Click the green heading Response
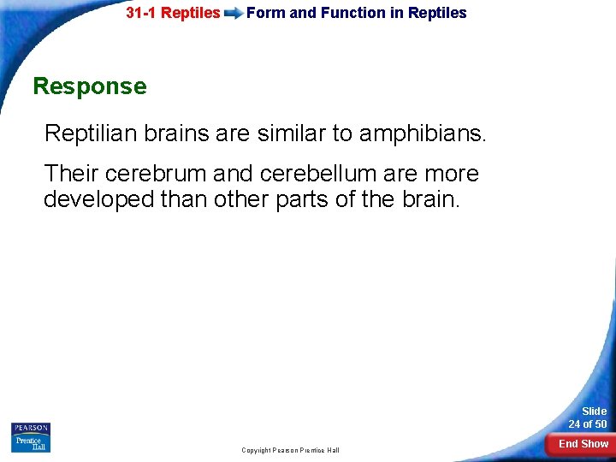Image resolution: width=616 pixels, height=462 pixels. click(89, 86)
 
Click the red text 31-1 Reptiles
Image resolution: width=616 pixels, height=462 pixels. click(173, 13)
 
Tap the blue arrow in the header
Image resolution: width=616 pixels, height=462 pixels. click(233, 14)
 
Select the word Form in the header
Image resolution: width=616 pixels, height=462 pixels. click(263, 13)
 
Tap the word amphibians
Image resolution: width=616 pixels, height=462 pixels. click(419, 133)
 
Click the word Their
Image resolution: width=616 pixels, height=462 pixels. click(68, 174)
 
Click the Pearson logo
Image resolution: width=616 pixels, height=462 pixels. click(31, 428)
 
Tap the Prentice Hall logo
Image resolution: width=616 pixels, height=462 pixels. click(31, 443)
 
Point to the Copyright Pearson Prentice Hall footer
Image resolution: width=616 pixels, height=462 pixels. click(290, 450)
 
